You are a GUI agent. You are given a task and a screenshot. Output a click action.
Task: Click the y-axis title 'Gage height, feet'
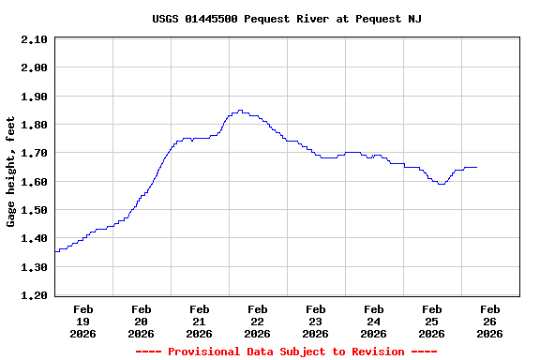click(11, 172)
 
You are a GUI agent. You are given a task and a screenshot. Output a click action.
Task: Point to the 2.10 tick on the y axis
click(34, 39)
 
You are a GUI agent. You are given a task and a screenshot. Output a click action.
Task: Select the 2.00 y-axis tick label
click(34, 67)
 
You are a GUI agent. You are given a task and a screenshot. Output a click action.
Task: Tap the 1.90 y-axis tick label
click(34, 97)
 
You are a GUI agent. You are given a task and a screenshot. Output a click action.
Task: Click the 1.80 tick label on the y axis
click(34, 125)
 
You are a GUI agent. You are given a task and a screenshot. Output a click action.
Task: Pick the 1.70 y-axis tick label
click(34, 153)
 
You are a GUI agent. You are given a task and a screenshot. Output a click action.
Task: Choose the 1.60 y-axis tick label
click(34, 182)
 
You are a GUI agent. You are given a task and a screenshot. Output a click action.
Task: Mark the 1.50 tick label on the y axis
click(34, 210)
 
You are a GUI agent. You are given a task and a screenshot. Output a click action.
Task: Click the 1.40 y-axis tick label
click(34, 239)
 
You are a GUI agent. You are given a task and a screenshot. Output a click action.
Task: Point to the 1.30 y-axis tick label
click(34, 267)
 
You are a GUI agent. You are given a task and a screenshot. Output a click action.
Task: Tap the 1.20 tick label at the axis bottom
click(34, 295)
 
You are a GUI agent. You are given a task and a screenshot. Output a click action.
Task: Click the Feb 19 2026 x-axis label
click(82, 321)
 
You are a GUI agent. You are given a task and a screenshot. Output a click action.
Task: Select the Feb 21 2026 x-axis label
click(199, 321)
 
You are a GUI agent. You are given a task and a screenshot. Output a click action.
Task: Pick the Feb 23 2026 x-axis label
click(315, 321)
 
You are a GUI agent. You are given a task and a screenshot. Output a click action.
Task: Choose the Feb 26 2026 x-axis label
click(489, 321)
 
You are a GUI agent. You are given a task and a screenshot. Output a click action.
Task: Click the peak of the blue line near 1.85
click(240, 111)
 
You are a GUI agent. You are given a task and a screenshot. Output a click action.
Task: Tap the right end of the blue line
click(476, 167)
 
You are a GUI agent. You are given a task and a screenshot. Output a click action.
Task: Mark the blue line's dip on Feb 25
click(441, 184)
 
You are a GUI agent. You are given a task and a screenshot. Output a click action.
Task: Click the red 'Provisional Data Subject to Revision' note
click(286, 352)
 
